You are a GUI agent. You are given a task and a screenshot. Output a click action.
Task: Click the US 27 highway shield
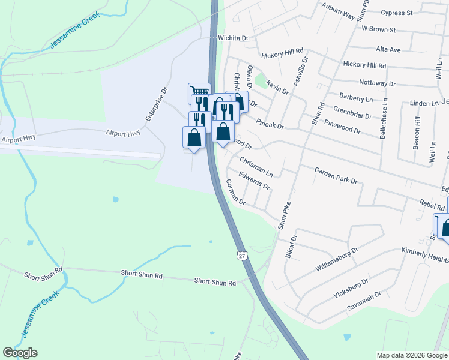(x=242, y=256)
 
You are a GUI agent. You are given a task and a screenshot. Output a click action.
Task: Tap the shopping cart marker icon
(x=199, y=92)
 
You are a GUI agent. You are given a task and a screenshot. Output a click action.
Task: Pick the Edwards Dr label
(x=254, y=181)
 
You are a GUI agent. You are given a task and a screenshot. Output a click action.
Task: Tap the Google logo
(x=20, y=353)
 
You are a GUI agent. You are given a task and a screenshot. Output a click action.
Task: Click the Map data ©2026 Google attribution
(x=411, y=355)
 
